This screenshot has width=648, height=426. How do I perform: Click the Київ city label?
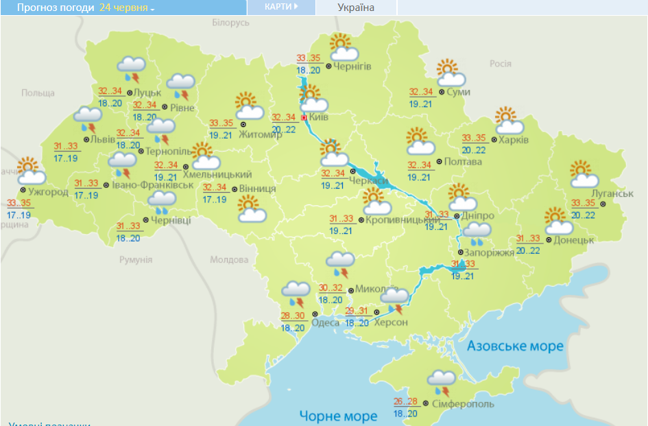pos(319,117)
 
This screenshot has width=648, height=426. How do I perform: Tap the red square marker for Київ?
pos(304,117)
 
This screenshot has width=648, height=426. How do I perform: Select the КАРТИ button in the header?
pos(281,7)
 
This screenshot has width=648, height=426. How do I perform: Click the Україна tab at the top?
pos(356,8)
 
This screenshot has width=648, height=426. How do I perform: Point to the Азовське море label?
pos(515,346)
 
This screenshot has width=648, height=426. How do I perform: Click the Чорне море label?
pos(338,416)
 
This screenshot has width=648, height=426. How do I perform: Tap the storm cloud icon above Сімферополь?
pos(442,381)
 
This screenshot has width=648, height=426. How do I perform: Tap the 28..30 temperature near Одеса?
pos(293,316)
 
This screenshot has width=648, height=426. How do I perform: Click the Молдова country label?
pos(228,260)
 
